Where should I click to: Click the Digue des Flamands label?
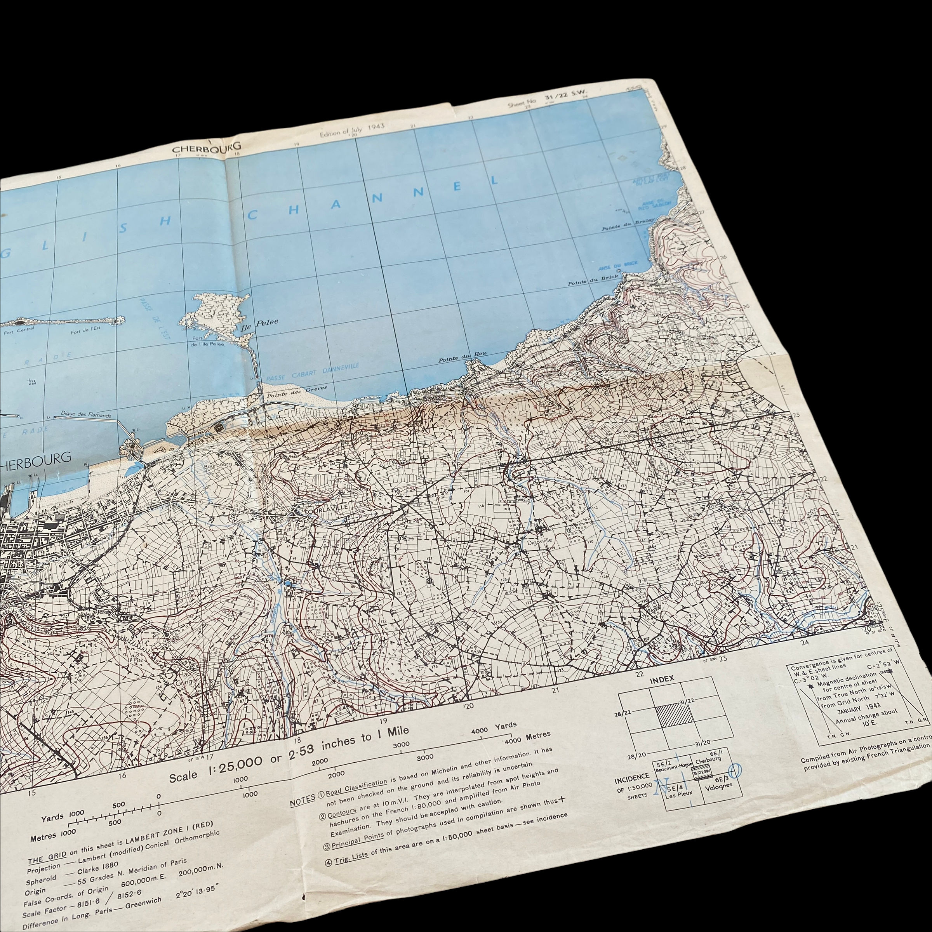(x=86, y=414)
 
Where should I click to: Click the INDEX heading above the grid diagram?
(x=662, y=679)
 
